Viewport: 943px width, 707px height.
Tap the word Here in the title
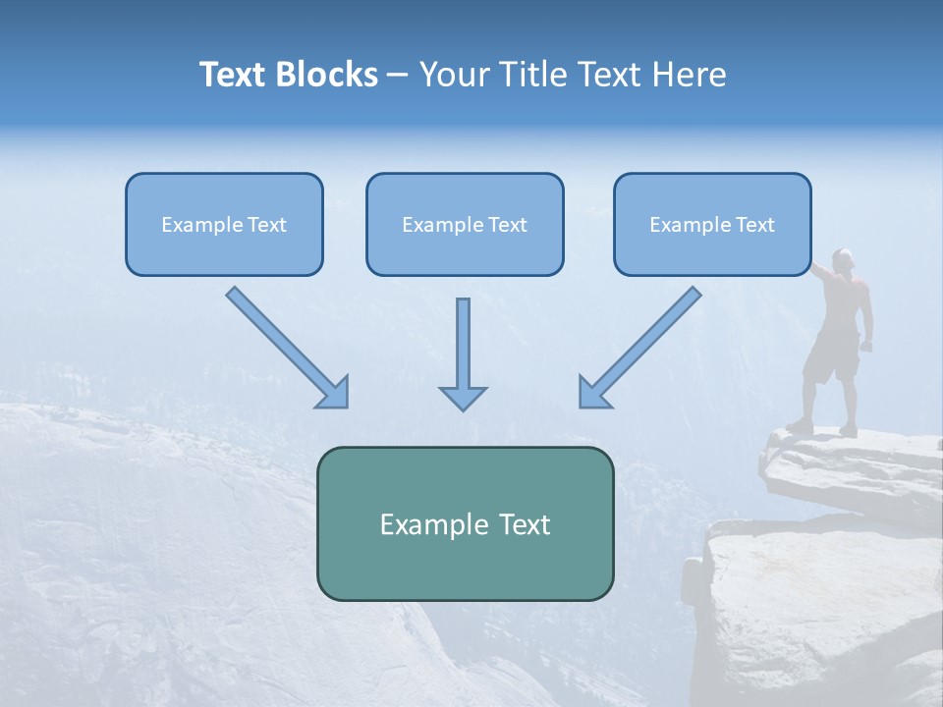688,75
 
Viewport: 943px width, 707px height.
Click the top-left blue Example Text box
224,224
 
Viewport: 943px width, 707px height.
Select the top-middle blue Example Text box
465,224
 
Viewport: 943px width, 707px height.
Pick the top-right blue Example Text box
712,224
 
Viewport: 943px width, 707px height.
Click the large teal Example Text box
465,523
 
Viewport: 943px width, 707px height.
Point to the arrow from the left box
285,346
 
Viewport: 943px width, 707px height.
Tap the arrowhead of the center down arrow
463,397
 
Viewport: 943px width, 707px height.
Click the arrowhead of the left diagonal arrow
335,393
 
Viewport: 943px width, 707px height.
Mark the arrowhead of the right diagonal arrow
592,392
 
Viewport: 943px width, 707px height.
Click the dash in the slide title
398,76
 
